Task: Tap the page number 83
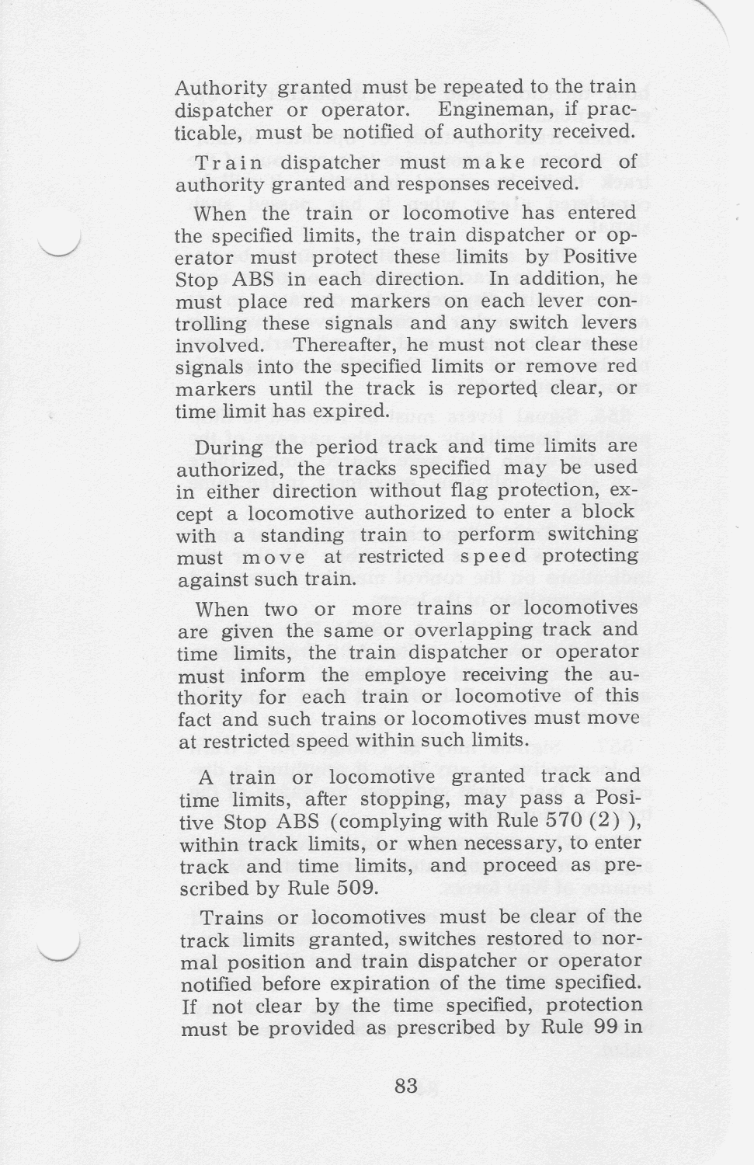[406, 1086]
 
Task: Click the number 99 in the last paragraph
[607, 1028]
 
